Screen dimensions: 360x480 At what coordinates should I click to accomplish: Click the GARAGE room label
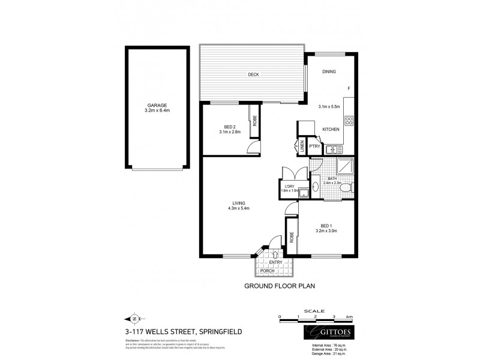tap(156, 106)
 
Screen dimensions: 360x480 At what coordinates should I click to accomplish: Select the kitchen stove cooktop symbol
tap(349, 119)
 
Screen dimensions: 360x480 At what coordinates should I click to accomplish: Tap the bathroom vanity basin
tap(317, 187)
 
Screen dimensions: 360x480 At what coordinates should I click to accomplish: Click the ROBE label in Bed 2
tap(255, 121)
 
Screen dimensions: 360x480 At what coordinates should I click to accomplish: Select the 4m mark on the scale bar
tap(349, 316)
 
